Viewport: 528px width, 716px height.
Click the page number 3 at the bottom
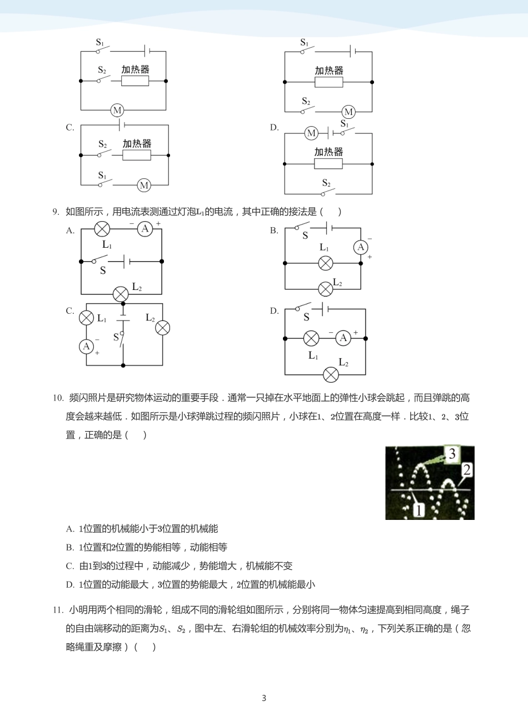click(x=264, y=698)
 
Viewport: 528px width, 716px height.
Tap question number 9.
click(x=56, y=212)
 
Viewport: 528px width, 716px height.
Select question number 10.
click(x=58, y=398)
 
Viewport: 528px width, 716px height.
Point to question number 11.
click(x=58, y=610)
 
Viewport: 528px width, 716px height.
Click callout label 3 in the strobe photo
click(x=452, y=454)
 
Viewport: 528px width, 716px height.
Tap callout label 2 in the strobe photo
click(x=466, y=470)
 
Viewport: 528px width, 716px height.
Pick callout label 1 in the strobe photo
click(x=419, y=510)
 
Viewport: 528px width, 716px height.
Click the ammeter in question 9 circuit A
click(x=145, y=228)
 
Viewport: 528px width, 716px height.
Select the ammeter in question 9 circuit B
click(x=361, y=247)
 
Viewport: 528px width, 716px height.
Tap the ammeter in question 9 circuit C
click(x=86, y=347)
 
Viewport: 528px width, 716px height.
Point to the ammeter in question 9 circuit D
click(x=343, y=338)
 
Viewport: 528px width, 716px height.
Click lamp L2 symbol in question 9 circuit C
click(x=162, y=328)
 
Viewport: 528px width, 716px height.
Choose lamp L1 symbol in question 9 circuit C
click(x=86, y=318)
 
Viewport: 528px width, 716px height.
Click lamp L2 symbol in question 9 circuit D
click(x=331, y=374)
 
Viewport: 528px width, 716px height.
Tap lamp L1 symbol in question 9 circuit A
click(x=102, y=228)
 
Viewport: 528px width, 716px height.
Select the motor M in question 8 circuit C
click(x=144, y=185)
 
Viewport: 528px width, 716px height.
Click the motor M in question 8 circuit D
click(x=311, y=133)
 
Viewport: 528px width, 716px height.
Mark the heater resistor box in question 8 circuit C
click(x=137, y=155)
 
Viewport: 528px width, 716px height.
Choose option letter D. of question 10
click(x=70, y=584)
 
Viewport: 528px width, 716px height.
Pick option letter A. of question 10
click(x=70, y=529)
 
